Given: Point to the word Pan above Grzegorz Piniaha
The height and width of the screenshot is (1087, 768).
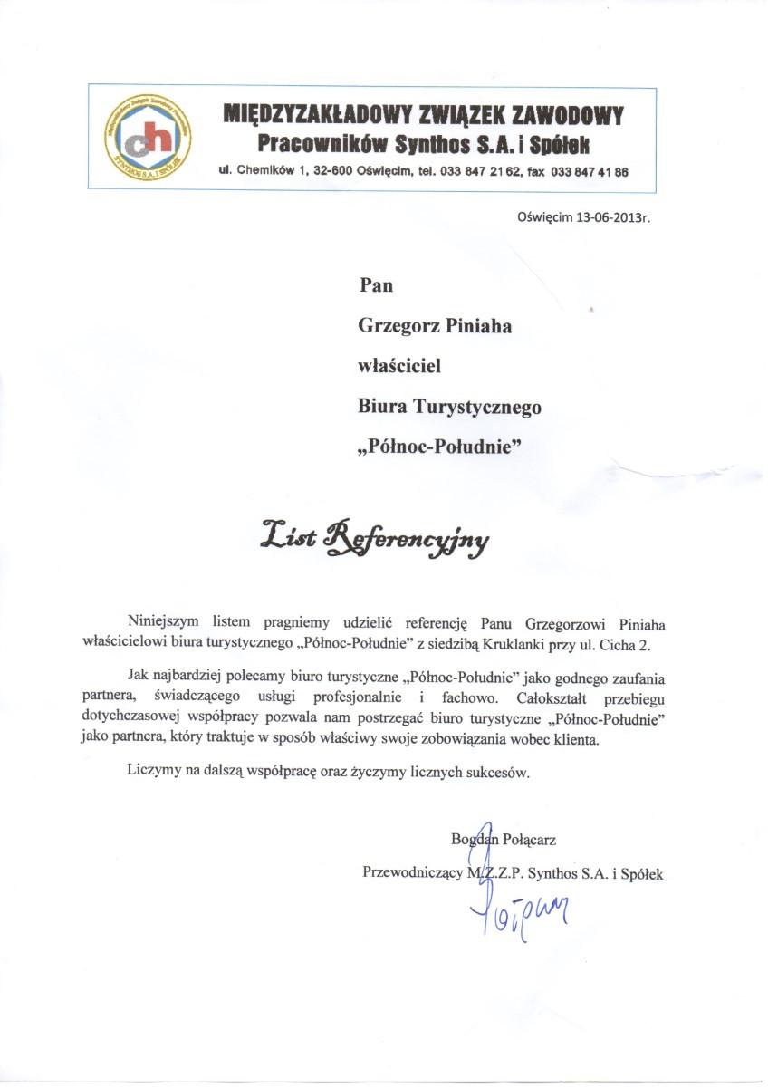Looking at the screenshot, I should click(377, 285).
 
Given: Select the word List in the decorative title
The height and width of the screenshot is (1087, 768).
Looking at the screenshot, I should click(287, 537).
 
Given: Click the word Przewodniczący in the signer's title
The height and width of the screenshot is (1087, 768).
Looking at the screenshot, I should click(413, 874).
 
